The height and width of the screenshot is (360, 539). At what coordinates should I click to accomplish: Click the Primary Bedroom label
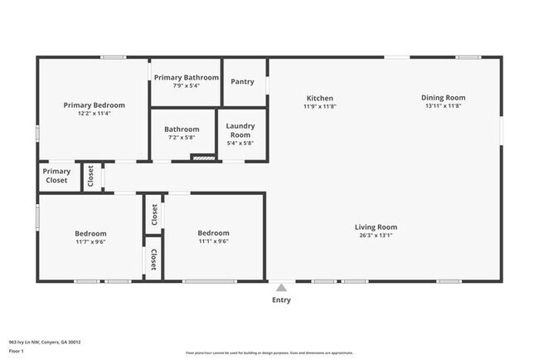(x=95, y=105)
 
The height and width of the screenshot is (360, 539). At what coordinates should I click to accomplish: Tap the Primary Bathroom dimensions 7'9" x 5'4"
(x=186, y=86)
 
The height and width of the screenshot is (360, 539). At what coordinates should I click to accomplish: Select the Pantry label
(x=243, y=81)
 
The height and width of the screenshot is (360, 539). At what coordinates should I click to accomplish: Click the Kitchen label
(x=319, y=98)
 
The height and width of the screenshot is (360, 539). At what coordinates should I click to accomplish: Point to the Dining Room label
(x=443, y=97)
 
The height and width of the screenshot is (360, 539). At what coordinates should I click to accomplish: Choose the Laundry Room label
(x=240, y=130)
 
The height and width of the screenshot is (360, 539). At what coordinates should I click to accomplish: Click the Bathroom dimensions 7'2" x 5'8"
(x=182, y=139)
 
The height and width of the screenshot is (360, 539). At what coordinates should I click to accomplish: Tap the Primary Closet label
(x=57, y=176)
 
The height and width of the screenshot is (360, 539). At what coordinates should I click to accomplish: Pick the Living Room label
(x=376, y=226)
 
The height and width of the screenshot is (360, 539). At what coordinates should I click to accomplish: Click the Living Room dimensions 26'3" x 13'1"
(x=376, y=236)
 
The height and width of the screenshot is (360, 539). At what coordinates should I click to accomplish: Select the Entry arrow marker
(x=281, y=287)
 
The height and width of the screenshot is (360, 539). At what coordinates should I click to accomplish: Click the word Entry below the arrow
(x=281, y=299)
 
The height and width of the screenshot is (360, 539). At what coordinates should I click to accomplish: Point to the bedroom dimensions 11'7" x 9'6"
(x=90, y=242)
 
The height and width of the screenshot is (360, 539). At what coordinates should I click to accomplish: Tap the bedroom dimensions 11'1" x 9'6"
(x=213, y=242)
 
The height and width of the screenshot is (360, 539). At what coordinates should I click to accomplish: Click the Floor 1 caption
(x=17, y=351)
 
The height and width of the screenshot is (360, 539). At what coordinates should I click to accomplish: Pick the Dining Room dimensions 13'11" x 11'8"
(x=443, y=106)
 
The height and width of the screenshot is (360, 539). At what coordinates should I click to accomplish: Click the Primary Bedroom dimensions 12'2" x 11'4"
(x=95, y=114)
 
